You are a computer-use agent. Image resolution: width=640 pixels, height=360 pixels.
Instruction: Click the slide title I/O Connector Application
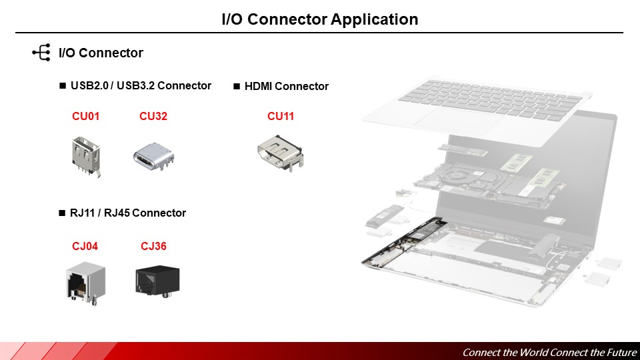[320, 19]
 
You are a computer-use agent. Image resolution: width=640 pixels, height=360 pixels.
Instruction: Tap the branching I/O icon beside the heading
[41, 53]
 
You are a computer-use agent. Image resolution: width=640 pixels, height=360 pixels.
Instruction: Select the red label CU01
[86, 117]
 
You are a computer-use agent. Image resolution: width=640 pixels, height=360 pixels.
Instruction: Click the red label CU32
[153, 117]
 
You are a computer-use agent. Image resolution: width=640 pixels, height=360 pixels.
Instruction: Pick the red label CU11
[281, 117]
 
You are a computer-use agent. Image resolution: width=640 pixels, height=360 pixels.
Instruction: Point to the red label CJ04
[85, 247]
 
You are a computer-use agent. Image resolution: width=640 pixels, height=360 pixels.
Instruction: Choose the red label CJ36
[153, 247]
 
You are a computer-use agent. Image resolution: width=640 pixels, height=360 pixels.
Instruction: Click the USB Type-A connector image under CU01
[86, 155]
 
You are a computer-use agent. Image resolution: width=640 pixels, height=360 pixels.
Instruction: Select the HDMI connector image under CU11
[280, 153]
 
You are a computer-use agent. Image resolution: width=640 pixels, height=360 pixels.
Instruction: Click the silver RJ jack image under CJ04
[85, 283]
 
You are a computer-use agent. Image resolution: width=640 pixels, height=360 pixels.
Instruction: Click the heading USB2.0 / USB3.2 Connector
[141, 85]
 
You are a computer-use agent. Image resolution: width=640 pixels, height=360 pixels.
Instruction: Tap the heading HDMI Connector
[287, 86]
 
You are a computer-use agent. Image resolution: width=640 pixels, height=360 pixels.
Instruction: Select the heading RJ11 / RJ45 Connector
[127, 213]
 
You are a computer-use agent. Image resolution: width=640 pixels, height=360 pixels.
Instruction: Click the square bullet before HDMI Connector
[237, 86]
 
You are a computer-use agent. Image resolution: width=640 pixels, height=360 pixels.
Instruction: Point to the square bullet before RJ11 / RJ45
[63, 213]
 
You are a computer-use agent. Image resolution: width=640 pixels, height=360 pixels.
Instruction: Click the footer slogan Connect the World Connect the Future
[549, 352]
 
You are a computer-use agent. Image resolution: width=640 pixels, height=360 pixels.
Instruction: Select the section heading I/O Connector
[101, 53]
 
